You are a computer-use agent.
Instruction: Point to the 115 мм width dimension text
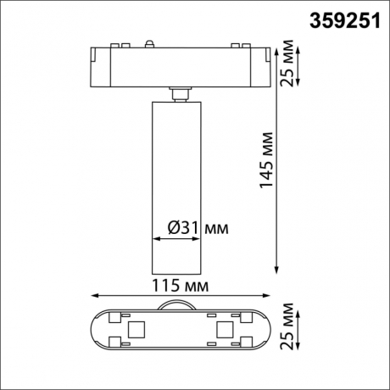180,286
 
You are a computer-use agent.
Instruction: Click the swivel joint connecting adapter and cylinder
179,93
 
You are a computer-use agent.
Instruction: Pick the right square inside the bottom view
224,328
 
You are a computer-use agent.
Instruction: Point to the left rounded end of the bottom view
96,329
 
